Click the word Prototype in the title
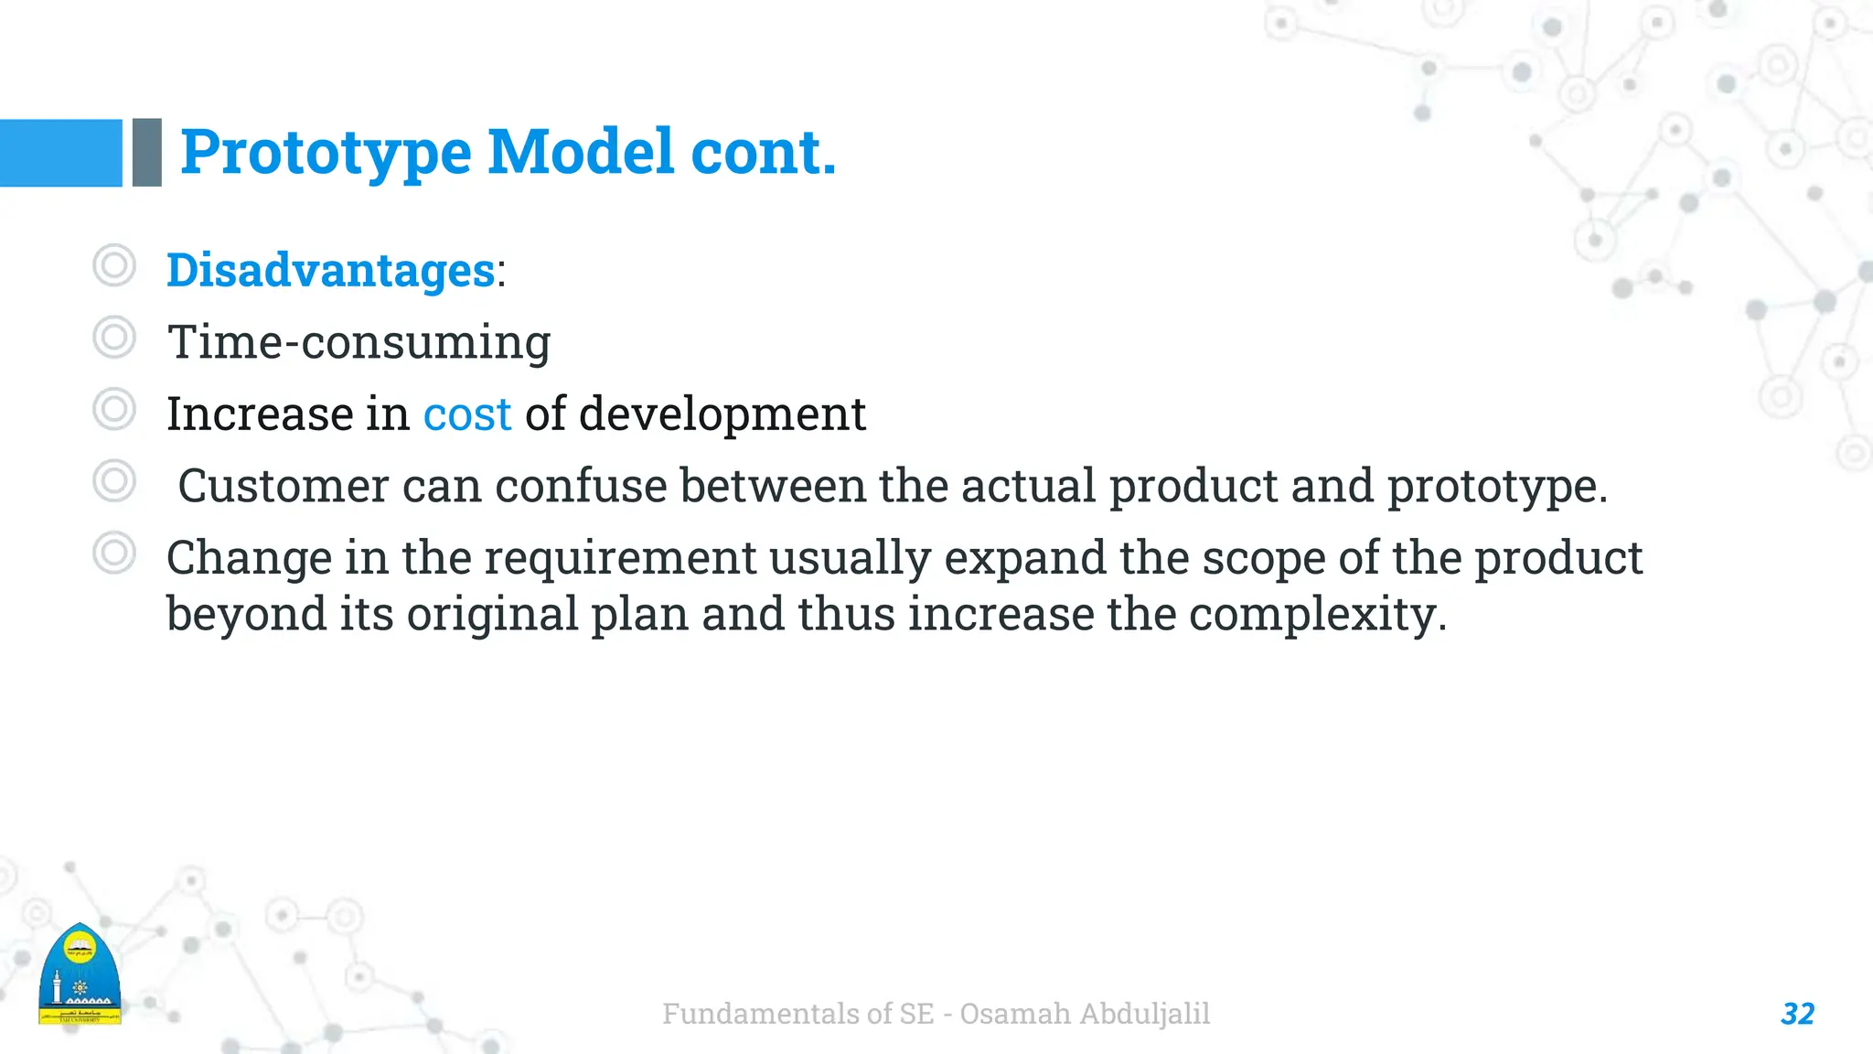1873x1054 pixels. [326, 152]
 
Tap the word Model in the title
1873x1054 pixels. [582, 152]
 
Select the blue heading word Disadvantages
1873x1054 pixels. [330, 271]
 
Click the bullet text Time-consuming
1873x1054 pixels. [359, 342]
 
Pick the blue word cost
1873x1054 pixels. [466, 414]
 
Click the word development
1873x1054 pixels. [722, 414]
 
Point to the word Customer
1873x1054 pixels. [283, 486]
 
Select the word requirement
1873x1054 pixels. [620, 558]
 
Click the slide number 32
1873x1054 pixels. [1797, 1014]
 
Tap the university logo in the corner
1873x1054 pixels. [80, 975]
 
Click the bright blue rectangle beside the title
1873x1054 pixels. [60, 153]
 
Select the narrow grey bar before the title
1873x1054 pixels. [147, 153]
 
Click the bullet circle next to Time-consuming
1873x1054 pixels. [114, 338]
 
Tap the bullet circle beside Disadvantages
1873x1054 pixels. [114, 266]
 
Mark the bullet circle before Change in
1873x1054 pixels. [114, 554]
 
